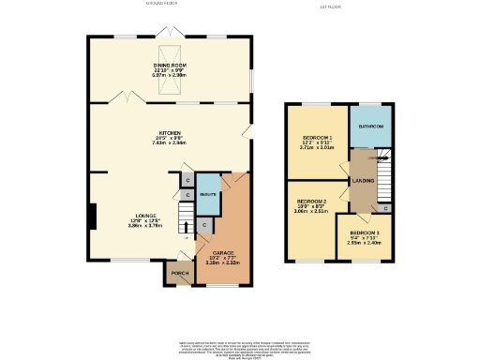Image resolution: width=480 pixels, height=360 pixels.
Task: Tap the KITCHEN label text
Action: [170, 133]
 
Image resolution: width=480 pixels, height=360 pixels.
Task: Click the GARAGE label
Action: [222, 252]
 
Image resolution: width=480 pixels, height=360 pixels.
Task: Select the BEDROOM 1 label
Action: [318, 137]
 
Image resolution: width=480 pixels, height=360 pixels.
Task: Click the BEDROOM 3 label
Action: [365, 232]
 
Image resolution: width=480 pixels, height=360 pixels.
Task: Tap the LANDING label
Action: [363, 180]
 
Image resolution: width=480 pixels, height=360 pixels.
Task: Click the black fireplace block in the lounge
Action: [92, 217]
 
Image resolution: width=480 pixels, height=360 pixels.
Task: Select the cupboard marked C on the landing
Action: [387, 207]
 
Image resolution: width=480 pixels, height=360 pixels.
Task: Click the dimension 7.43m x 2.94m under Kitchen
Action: [170, 143]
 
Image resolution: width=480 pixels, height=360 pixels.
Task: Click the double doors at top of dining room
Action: [170, 34]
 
